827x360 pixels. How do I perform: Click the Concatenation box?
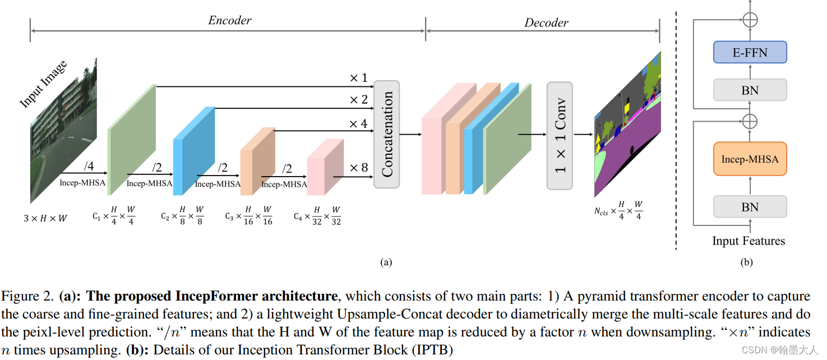click(x=386, y=134)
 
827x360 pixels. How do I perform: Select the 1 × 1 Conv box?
click(x=560, y=136)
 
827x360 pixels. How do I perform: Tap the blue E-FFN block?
click(x=750, y=53)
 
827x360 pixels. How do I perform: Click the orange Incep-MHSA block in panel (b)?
click(x=750, y=159)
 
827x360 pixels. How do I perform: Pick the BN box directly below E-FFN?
click(x=750, y=90)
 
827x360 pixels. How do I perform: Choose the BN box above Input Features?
click(x=750, y=207)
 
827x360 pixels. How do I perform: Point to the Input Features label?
click(x=749, y=241)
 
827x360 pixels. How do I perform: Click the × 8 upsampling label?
click(x=359, y=168)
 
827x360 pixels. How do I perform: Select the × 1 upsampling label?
click(x=358, y=78)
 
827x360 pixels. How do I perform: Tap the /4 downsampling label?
click(x=89, y=166)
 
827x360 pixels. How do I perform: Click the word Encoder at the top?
click(x=230, y=21)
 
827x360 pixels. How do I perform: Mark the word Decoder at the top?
click(x=546, y=23)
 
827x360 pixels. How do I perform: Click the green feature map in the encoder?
click(x=131, y=139)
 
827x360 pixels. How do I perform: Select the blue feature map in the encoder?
click(x=193, y=150)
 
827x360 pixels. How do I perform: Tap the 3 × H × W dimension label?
click(x=45, y=218)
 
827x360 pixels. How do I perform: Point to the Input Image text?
click(x=43, y=84)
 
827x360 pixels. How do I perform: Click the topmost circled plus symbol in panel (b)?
click(x=750, y=19)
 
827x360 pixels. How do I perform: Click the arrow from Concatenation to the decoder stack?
click(x=410, y=135)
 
